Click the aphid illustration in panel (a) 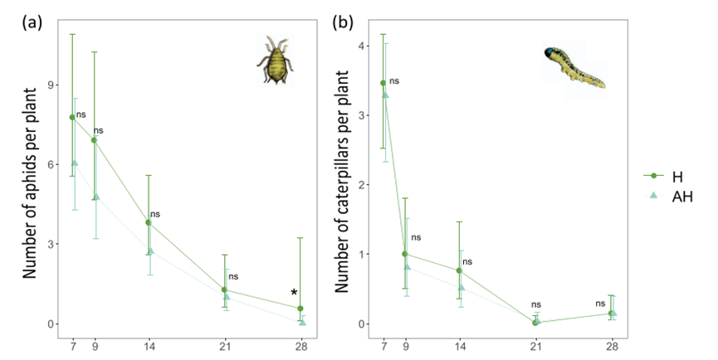point(275,61)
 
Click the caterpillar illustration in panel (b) point(574,67)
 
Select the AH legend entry point(681,196)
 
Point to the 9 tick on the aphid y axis point(50,85)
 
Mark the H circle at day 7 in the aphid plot point(72,117)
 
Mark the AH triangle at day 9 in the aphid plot point(96,197)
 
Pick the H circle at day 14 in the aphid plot point(149,222)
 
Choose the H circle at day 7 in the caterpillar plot point(383,83)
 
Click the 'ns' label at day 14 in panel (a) point(155,214)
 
